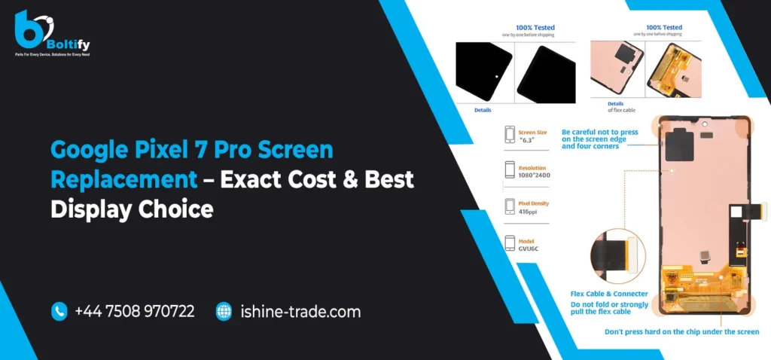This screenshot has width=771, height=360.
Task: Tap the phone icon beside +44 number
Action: (59, 311)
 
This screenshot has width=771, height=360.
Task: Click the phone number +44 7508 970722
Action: (135, 311)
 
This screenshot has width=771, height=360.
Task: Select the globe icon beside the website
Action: (224, 311)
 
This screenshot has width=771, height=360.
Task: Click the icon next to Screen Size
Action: (509, 135)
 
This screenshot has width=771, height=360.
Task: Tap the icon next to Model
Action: (509, 244)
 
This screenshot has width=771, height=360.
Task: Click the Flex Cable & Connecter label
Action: (598, 294)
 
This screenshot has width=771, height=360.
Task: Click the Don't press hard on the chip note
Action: (681, 331)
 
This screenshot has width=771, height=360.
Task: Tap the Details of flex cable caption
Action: (620, 106)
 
